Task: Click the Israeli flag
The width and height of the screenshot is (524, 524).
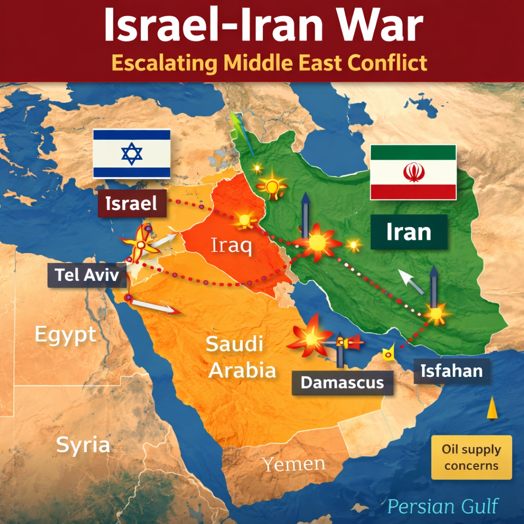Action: [x=132, y=154]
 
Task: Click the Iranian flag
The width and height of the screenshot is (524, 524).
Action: [x=413, y=172]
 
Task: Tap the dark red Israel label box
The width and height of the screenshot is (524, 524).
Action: [x=132, y=204]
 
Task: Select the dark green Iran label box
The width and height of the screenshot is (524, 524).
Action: [x=409, y=232]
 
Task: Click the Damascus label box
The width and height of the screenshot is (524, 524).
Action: [x=342, y=382]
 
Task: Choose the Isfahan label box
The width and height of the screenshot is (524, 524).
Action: [x=451, y=371]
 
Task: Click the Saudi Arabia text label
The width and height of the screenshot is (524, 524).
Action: [x=241, y=357]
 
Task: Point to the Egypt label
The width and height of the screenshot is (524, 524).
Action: [x=65, y=335]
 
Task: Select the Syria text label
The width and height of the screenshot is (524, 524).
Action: [x=83, y=445]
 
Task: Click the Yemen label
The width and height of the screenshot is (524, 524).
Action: [x=294, y=464]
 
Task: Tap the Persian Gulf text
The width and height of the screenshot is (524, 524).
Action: [x=443, y=506]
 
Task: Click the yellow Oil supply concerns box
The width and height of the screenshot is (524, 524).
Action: [x=471, y=457]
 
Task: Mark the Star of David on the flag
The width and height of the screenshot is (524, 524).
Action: [x=132, y=154]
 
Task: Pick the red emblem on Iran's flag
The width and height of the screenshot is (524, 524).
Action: [x=413, y=172]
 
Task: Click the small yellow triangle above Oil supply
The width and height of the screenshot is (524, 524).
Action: [x=492, y=408]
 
